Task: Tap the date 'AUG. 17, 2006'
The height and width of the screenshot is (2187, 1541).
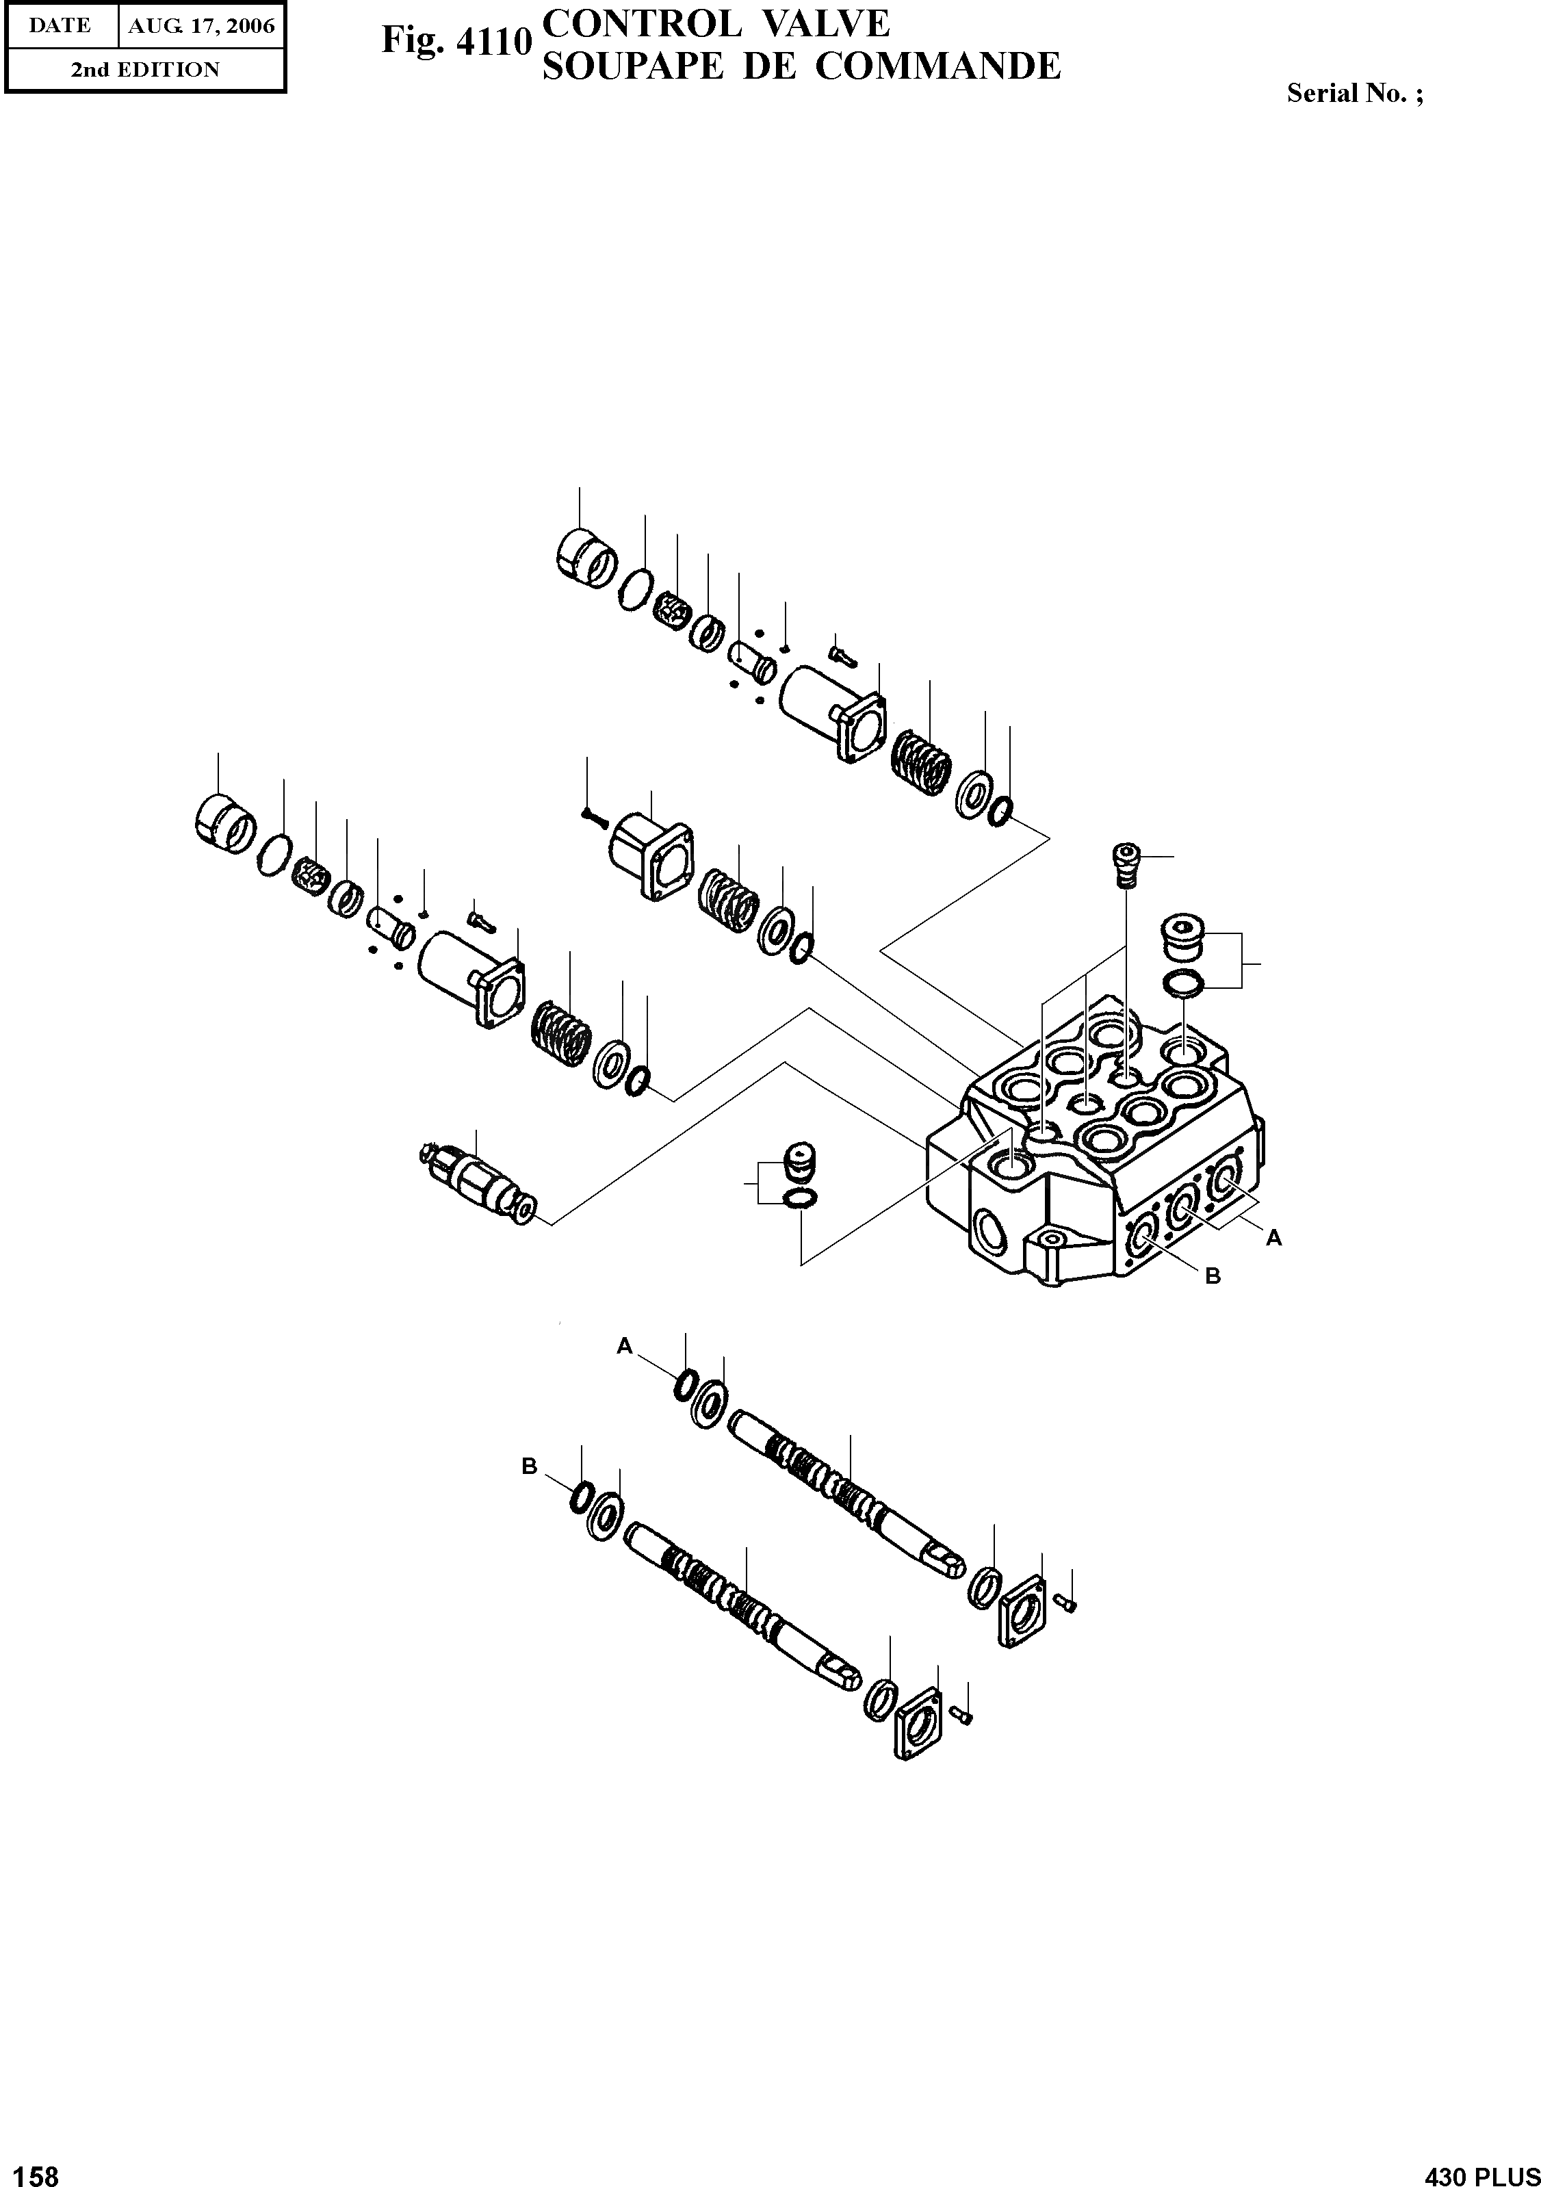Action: pos(201,26)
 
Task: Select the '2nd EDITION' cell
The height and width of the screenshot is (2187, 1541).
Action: pos(145,70)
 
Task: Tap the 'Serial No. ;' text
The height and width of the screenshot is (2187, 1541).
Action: pos(1354,93)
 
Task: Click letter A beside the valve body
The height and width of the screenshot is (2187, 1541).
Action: pos(1273,1239)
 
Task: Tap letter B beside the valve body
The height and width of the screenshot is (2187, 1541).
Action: pos(1213,1276)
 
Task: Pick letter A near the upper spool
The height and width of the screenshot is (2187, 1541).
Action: pos(625,1345)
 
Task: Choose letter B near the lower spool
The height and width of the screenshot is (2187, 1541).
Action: pos(530,1467)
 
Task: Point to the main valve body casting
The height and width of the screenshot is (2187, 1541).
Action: pos(1096,1143)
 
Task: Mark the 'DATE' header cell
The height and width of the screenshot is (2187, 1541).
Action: pos(60,26)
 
